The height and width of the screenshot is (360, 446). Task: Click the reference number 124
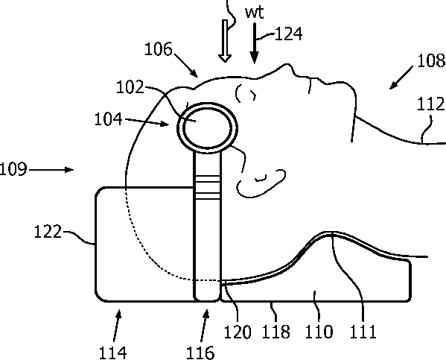[288, 34]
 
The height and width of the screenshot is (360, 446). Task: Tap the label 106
[159, 48]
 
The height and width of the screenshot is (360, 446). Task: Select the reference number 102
[130, 87]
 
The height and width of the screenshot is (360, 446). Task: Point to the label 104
[108, 119]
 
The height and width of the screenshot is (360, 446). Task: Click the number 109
[13, 169]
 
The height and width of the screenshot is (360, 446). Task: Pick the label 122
[48, 231]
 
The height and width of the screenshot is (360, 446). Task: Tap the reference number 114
[112, 353]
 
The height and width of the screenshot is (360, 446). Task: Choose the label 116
[200, 353]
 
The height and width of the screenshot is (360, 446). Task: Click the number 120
[238, 332]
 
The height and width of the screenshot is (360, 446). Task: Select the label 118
[275, 332]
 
